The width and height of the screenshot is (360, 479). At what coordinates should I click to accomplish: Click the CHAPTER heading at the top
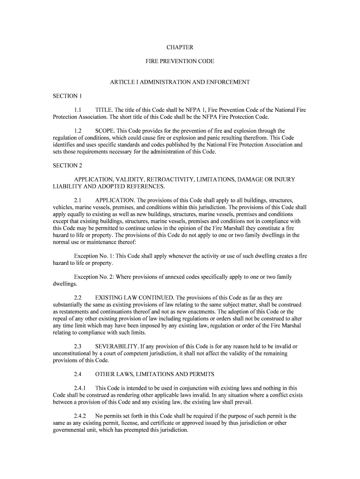tap(180, 47)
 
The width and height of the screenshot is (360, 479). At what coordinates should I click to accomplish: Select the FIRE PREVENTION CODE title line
tap(180, 61)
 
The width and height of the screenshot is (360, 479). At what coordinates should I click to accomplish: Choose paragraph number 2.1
tap(78, 200)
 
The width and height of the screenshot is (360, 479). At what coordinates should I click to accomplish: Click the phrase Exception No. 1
tap(94, 256)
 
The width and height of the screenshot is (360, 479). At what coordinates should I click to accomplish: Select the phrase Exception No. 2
tap(94, 277)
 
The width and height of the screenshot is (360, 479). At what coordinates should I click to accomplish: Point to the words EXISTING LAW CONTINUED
tap(134, 298)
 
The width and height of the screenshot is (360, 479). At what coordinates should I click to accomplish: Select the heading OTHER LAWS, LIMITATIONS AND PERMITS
tap(154, 374)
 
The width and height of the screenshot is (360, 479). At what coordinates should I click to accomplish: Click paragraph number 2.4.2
tap(81, 415)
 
